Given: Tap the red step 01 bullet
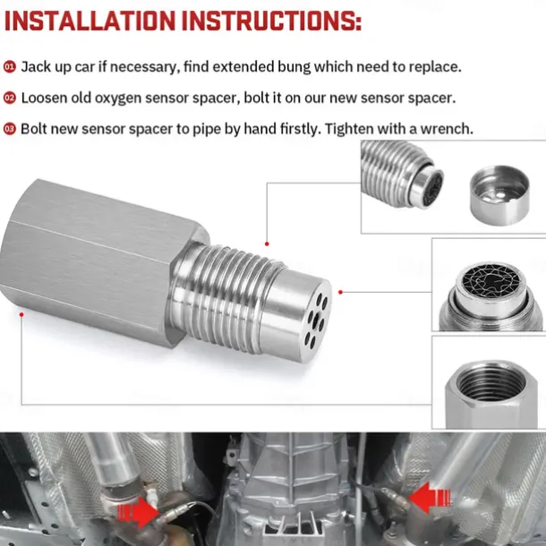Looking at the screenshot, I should (x=9, y=67).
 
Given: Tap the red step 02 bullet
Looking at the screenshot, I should (x=9, y=98).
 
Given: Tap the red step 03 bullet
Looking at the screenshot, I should (x=9, y=129).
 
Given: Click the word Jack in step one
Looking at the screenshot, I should (x=36, y=67).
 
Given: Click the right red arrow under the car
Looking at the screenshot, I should (x=428, y=496).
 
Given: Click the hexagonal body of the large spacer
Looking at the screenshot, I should (x=98, y=260).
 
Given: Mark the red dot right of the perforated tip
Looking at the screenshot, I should (x=341, y=292).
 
